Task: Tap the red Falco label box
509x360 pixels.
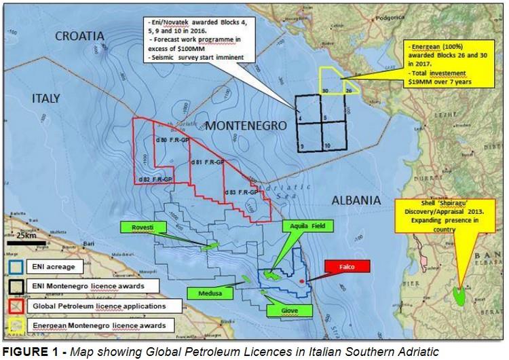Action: click(x=347, y=267)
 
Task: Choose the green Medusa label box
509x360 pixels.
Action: click(x=209, y=294)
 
